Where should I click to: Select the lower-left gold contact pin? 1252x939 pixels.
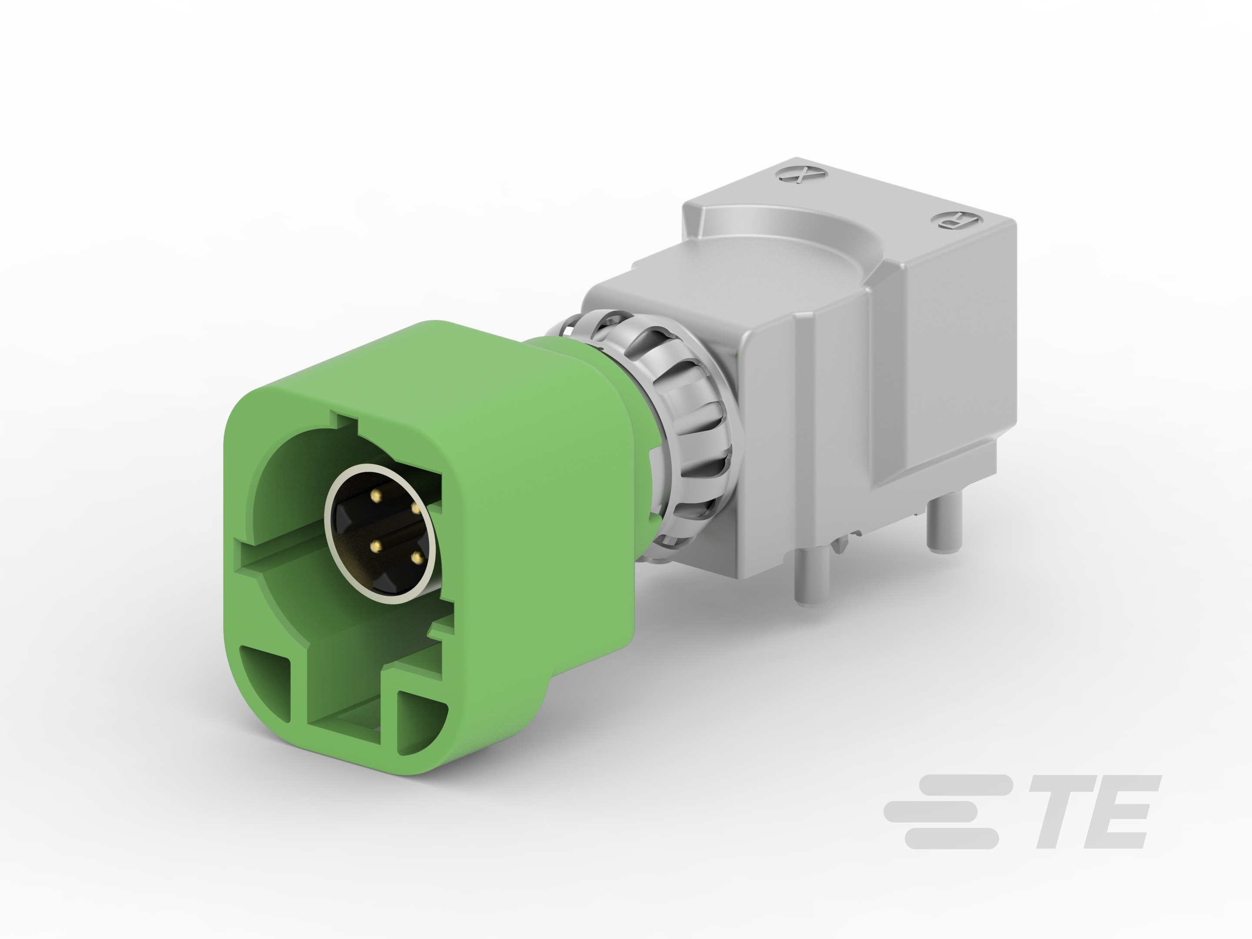(374, 547)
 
